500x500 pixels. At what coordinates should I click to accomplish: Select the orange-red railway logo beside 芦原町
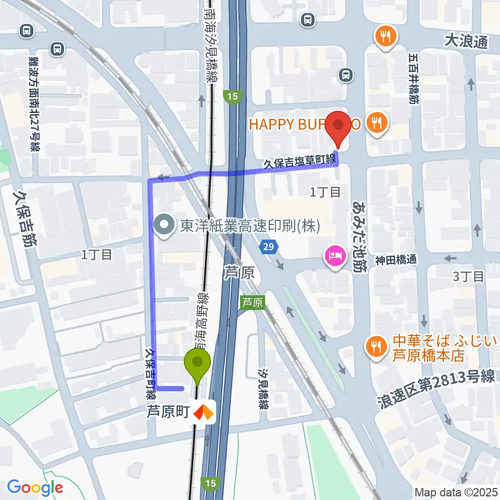tap(204, 413)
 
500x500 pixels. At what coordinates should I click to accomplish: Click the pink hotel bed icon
tap(333, 256)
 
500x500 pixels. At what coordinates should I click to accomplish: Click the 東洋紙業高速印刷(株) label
tap(249, 226)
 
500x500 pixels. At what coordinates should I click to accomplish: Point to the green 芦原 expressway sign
tap(253, 302)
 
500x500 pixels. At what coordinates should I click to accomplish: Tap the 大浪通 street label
tap(466, 41)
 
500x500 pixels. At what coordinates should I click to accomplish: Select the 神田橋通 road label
tap(397, 259)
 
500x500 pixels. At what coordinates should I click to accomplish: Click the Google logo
tap(35, 488)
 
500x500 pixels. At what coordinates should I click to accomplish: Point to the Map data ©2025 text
tap(455, 492)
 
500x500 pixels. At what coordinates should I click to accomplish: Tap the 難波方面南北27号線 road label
tap(34, 104)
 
